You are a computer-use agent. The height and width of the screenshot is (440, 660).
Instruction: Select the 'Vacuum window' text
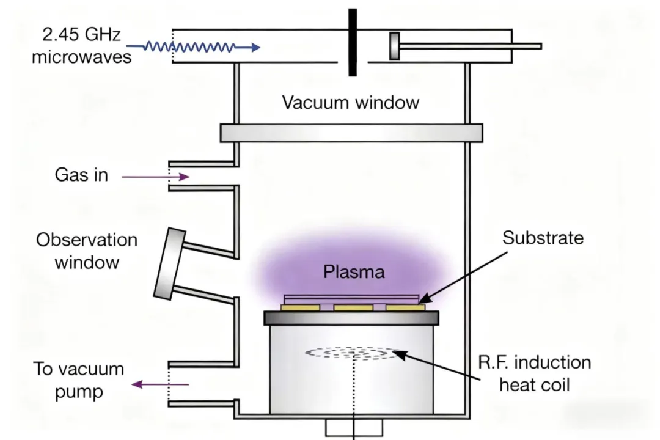click(350, 102)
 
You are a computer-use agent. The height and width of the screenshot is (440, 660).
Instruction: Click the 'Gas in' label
click(81, 175)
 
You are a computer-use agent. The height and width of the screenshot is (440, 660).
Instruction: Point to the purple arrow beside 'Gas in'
click(155, 177)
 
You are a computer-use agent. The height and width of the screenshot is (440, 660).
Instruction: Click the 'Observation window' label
click(86, 251)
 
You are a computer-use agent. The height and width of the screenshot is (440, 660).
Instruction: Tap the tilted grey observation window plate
click(169, 264)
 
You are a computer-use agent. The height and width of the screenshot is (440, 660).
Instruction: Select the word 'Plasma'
click(354, 271)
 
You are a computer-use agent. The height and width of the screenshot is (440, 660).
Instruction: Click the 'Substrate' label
click(543, 238)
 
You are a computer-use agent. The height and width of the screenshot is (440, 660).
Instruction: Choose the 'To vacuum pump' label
click(78, 380)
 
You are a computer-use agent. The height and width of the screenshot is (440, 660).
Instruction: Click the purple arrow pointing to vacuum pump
click(161, 384)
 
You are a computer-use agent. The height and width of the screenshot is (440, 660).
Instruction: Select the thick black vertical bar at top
click(353, 42)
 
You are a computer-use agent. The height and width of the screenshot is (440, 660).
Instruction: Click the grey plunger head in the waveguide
click(395, 46)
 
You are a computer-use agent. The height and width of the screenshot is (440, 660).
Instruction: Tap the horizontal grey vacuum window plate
click(351, 133)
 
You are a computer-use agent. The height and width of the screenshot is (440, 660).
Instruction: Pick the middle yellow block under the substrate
click(353, 307)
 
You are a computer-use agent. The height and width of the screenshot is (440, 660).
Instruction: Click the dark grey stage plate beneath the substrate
click(351, 318)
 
